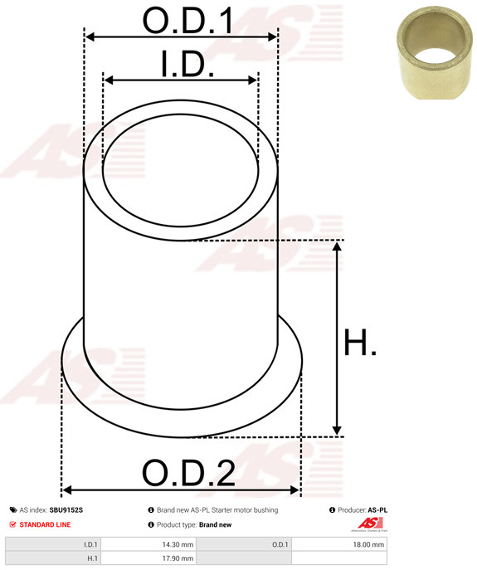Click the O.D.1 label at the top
pyautogui.click(x=187, y=21)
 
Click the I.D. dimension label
pyautogui.click(x=187, y=65)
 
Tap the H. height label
pyautogui.click(x=360, y=342)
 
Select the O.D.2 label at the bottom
pyautogui.click(x=188, y=474)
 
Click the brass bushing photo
pyautogui.click(x=431, y=54)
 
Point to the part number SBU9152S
pyautogui.click(x=66, y=510)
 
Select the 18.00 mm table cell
pyautogui.click(x=368, y=545)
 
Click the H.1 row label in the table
pyautogui.click(x=91, y=560)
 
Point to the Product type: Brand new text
pyautogui.click(x=194, y=524)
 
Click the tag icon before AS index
pyautogui.click(x=12, y=510)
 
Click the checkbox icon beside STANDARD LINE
pyautogui.click(x=12, y=524)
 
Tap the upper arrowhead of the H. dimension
pyautogui.click(x=337, y=246)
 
